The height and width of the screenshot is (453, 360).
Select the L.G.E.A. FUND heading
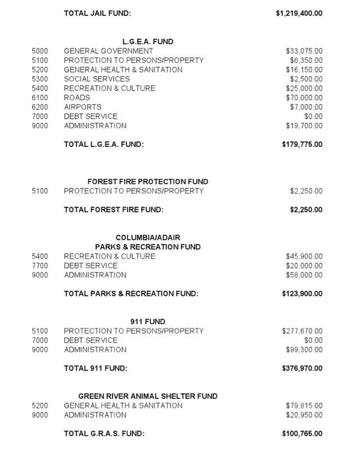tap(147, 41)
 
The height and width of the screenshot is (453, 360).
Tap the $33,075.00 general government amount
tap(304, 51)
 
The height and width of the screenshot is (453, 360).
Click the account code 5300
tap(39, 79)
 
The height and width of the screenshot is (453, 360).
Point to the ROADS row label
tap(76, 97)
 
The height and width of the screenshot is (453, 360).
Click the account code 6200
tap(39, 107)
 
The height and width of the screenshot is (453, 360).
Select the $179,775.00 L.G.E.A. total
tap(302, 144)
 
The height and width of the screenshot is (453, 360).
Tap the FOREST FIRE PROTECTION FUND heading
tap(147, 182)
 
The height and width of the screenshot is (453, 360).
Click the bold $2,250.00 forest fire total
tap(306, 210)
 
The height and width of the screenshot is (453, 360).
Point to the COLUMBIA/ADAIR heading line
tap(147, 237)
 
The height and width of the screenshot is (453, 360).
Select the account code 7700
tap(39, 266)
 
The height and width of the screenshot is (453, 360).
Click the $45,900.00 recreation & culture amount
tap(304, 256)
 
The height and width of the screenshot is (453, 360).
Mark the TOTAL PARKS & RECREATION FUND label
tap(131, 294)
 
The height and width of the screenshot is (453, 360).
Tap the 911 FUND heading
tap(147, 322)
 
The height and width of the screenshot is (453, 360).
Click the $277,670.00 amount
tap(302, 331)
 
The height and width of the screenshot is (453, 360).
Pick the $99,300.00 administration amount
tap(304, 349)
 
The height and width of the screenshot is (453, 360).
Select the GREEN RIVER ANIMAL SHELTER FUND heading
tap(147, 396)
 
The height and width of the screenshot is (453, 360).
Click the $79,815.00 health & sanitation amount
tap(304, 406)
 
